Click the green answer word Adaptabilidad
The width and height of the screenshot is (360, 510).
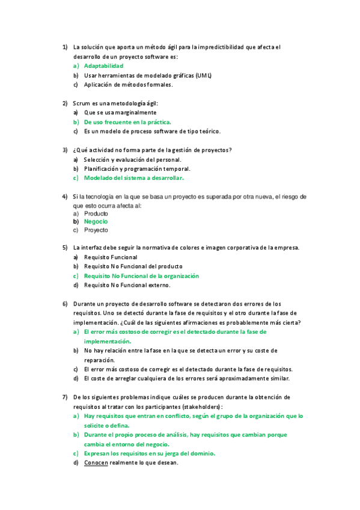(103, 66)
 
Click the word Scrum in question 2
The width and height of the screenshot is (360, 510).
(82, 103)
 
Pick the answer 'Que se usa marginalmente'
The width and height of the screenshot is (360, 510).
(120, 112)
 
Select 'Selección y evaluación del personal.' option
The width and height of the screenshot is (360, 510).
(133, 159)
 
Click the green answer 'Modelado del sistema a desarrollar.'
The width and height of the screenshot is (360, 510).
(133, 178)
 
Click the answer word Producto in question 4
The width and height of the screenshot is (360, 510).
(96, 214)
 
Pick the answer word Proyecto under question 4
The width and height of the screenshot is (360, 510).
(96, 230)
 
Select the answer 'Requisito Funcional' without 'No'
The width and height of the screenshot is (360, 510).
(111, 257)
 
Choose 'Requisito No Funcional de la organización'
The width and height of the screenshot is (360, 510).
(141, 275)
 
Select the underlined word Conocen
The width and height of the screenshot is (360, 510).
(96, 462)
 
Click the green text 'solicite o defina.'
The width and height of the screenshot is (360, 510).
(107, 425)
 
